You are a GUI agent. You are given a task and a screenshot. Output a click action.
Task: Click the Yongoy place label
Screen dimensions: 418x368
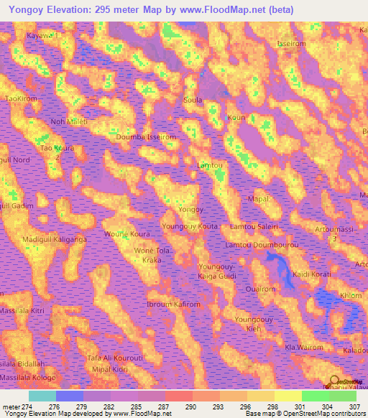click(x=191, y=210)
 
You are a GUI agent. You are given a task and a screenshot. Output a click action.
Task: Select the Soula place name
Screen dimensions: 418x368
click(x=193, y=101)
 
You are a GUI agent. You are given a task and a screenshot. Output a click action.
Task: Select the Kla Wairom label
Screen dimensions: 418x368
click(x=301, y=348)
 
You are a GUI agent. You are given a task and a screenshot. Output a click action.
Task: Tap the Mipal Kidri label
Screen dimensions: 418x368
click(x=109, y=368)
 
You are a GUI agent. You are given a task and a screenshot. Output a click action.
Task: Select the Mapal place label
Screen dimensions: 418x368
click(x=257, y=198)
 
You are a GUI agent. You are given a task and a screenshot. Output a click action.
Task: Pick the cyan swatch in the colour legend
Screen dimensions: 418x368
click(x=42, y=396)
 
